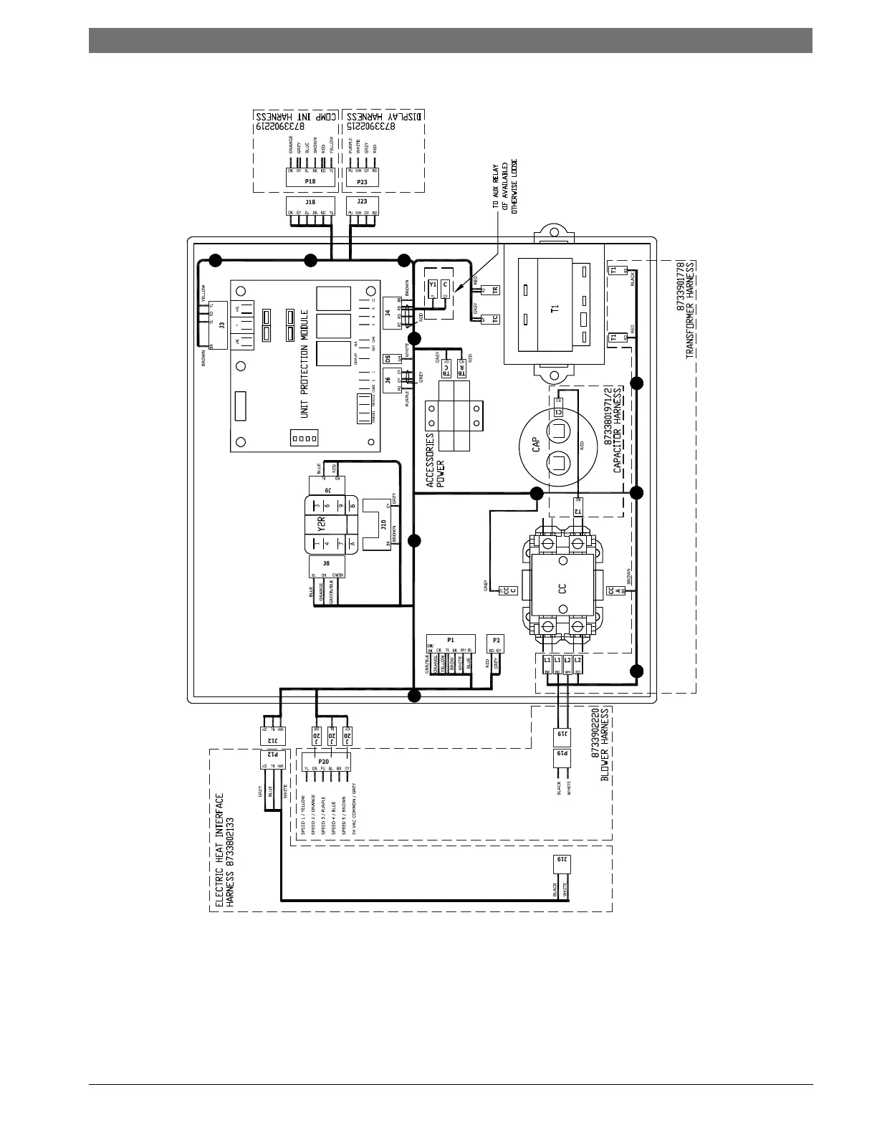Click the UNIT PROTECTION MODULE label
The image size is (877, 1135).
tap(307, 364)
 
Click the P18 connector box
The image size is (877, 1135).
tap(310, 182)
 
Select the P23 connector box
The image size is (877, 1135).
tap(362, 182)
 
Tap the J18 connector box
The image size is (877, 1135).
tap(310, 203)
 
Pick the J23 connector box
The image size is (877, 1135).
tap(362, 203)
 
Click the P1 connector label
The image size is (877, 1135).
tap(451, 639)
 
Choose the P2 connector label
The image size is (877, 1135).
tap(496, 639)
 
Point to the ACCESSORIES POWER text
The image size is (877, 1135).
tap(436, 460)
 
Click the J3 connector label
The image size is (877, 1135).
tap(221, 325)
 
